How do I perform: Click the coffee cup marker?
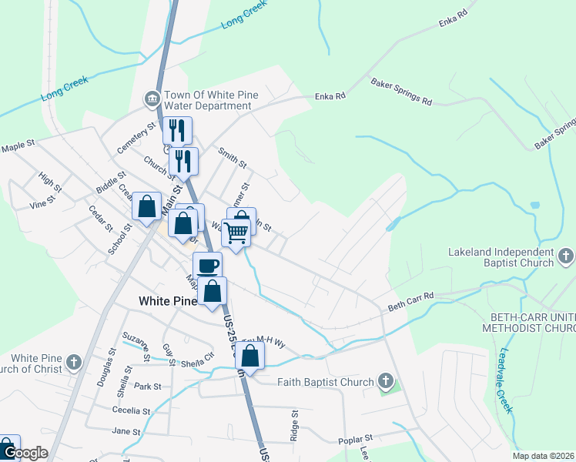[x=207, y=266]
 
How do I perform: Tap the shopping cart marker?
[x=236, y=231]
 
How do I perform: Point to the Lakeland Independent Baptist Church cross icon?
[x=565, y=254]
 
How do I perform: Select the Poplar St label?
[x=356, y=440]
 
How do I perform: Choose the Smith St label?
[x=232, y=158]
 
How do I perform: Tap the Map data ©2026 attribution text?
[x=543, y=456]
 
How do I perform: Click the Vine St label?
[x=42, y=202]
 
